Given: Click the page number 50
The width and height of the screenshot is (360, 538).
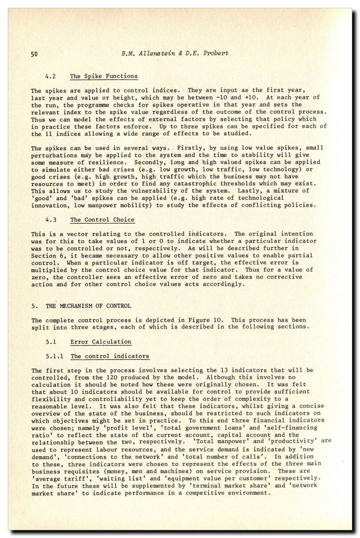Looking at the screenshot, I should click(35, 54).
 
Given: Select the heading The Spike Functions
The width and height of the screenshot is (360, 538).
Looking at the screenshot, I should click(104, 76).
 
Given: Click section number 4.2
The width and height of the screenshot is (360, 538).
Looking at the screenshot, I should click(51, 76).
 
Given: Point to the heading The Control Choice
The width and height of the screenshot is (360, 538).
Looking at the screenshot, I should click(102, 219).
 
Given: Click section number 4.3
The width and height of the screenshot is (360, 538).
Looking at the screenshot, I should click(51, 219).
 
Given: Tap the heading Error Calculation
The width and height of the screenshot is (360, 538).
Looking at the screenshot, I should click(101, 342).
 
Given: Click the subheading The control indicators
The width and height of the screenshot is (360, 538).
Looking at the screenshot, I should click(110, 356).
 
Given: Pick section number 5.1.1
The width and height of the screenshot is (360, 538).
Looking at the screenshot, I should click(55, 356).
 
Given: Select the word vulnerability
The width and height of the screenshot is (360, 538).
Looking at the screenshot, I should click(142, 191).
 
